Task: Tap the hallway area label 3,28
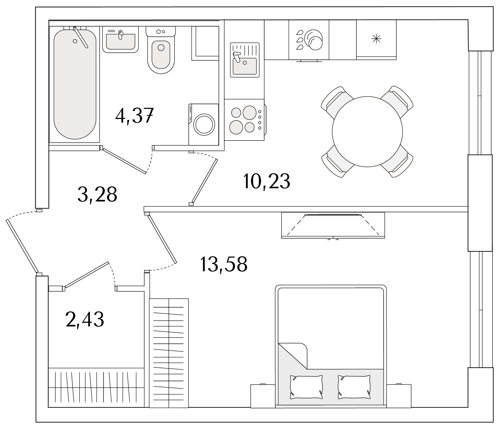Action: (97, 194)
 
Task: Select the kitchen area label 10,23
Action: (267, 181)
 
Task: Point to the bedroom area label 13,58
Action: (224, 264)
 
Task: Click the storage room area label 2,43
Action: (85, 319)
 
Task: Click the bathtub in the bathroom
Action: (75, 84)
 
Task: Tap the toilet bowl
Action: (161, 56)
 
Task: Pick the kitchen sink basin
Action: (245, 66)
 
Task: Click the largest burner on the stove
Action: (249, 113)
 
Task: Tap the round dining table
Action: (367, 131)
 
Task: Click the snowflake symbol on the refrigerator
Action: (376, 39)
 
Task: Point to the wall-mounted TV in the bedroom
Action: (333, 225)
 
